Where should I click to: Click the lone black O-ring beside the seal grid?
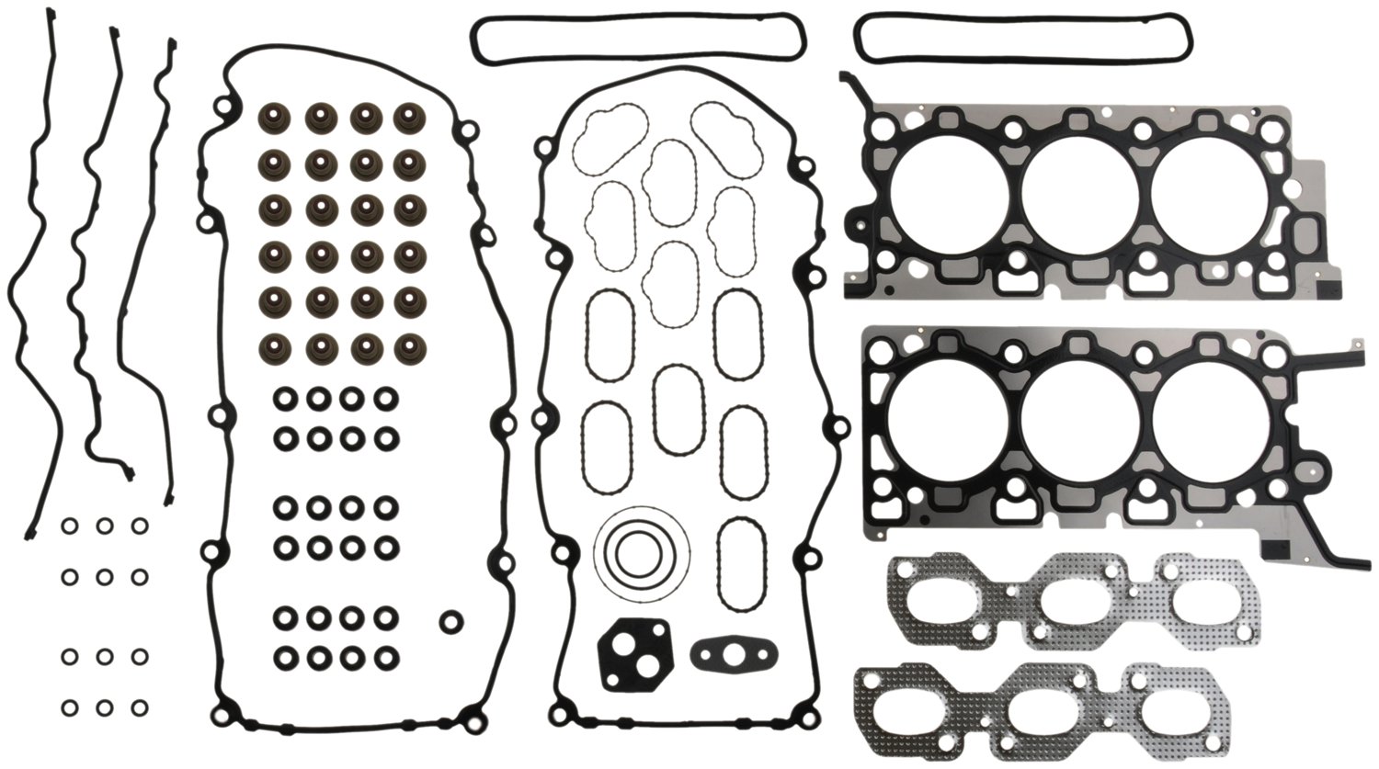pos(450,621)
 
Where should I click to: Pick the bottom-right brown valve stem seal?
pos(407,346)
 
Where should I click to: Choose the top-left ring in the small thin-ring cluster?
pos(70,526)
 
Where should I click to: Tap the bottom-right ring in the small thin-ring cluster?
pos(139,708)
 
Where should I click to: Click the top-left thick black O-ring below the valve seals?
pos(284,400)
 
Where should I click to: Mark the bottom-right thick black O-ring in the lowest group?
pos(387,657)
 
